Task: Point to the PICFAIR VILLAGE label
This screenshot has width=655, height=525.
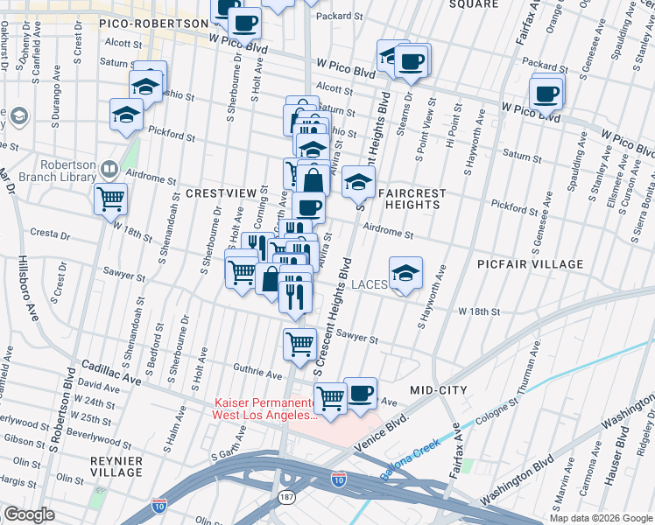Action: point(530,263)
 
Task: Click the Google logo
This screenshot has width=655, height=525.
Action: point(29,514)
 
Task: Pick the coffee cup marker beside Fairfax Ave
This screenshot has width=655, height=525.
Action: point(546,93)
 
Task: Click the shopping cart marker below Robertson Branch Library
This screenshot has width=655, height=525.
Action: point(111,199)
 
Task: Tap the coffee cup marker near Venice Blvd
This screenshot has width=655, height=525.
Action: point(360,394)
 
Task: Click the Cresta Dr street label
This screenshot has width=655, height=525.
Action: point(50,235)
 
